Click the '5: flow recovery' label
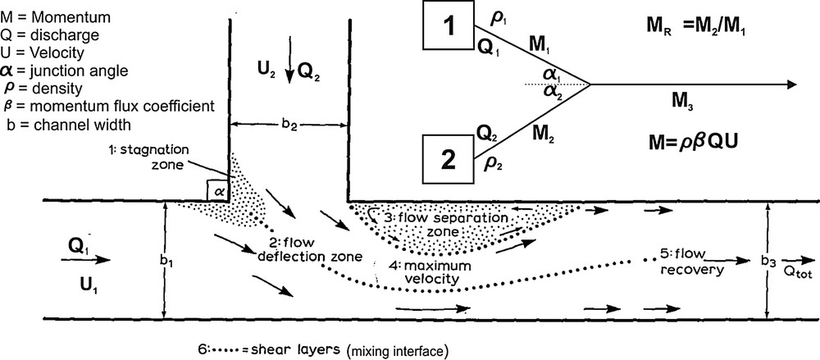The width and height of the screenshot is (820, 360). pyautogui.click(x=691, y=261)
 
